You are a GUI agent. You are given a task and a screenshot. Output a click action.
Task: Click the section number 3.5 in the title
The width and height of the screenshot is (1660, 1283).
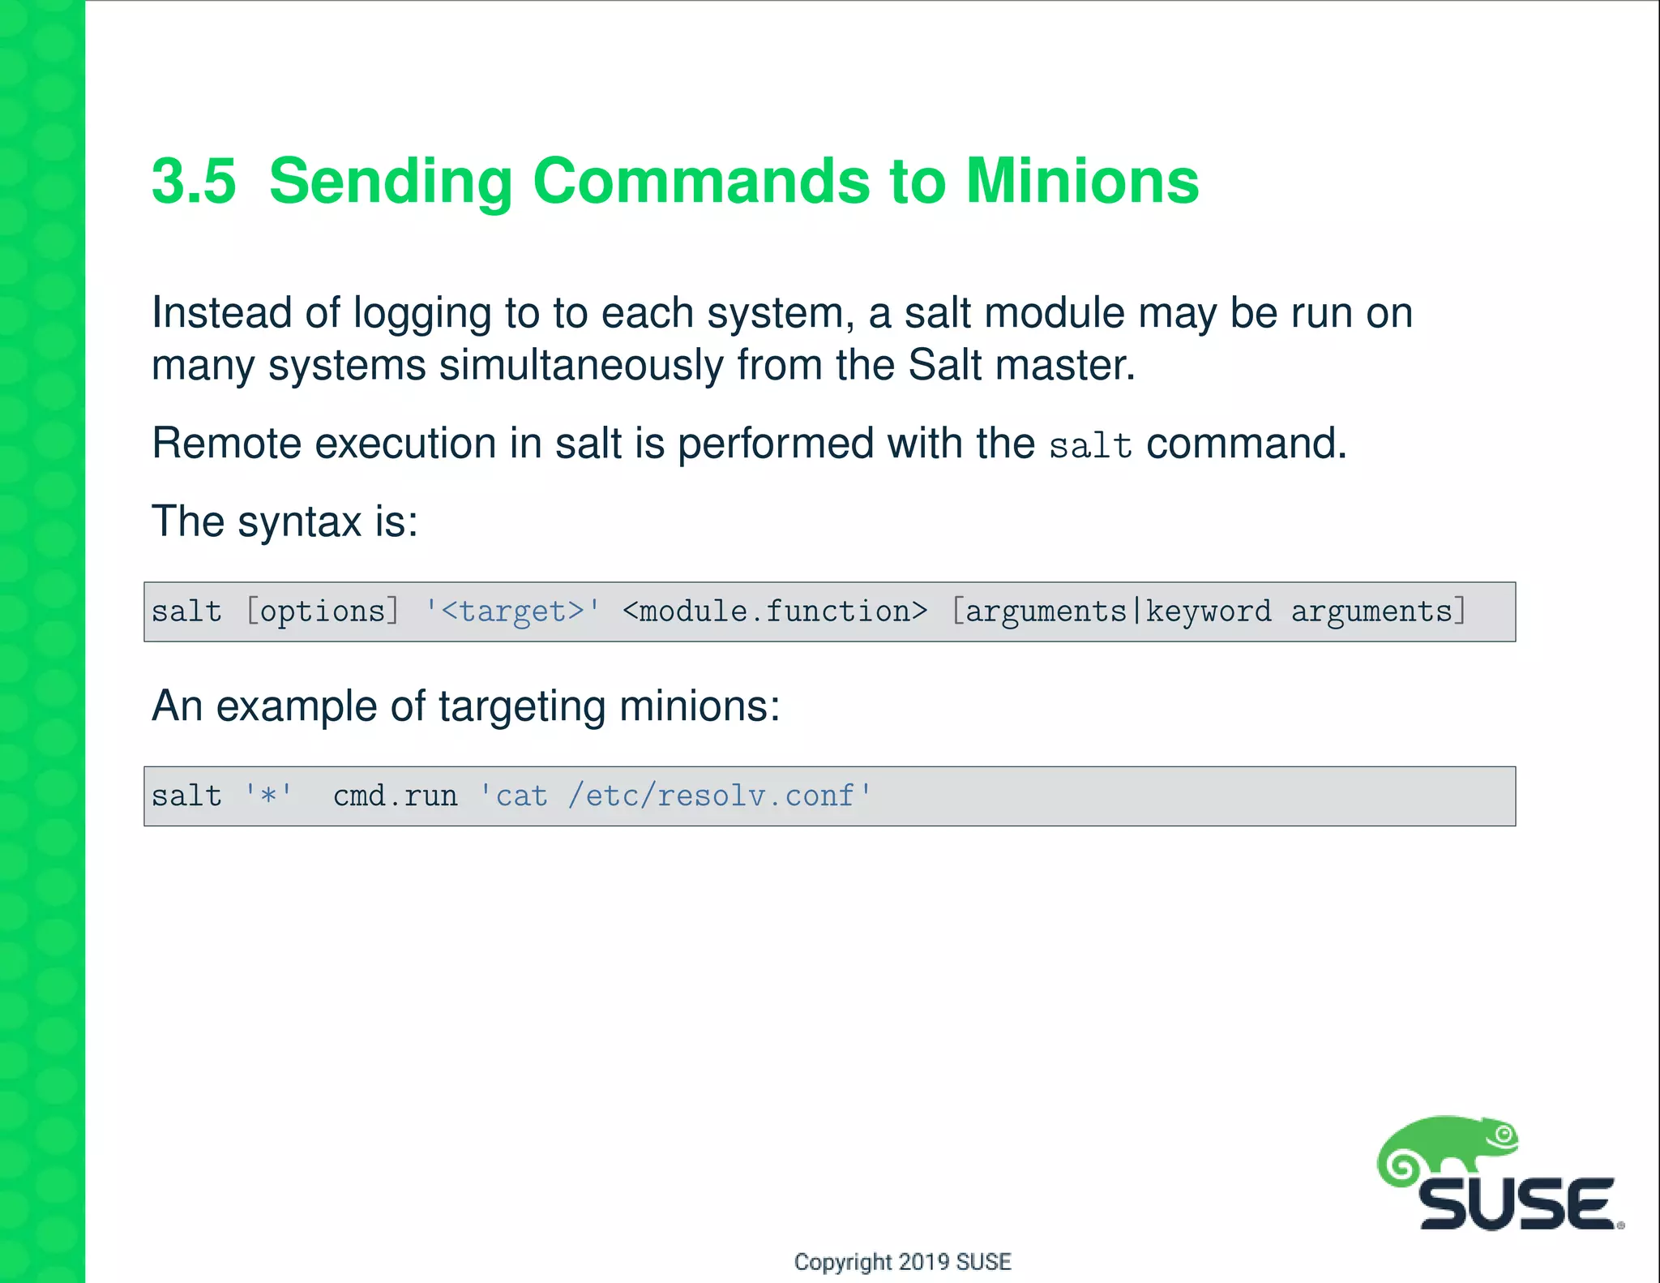[194, 181]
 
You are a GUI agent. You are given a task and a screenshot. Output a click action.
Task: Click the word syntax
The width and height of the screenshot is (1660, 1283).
[299, 521]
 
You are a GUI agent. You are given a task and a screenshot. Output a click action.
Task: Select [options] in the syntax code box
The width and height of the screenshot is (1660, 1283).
[323, 611]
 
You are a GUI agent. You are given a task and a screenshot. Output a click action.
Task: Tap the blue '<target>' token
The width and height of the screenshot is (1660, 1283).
[512, 611]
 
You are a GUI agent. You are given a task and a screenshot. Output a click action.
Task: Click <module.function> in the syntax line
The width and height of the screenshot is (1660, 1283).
[775, 611]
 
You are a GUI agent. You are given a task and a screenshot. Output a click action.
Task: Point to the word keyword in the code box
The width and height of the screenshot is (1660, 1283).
[1208, 611]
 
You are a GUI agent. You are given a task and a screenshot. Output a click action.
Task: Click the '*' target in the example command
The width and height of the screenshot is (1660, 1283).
[268, 796]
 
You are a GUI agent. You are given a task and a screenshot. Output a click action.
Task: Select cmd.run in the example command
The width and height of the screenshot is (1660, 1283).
[396, 796]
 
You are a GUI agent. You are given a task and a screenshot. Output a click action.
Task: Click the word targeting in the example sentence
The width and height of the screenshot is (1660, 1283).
[522, 706]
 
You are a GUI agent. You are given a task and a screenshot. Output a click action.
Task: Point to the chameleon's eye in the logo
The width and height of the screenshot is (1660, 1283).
[1505, 1135]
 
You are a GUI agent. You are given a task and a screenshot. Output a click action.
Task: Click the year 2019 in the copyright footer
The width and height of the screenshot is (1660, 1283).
[924, 1262]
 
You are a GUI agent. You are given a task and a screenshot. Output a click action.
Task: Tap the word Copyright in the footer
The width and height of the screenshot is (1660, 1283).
[842, 1262]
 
